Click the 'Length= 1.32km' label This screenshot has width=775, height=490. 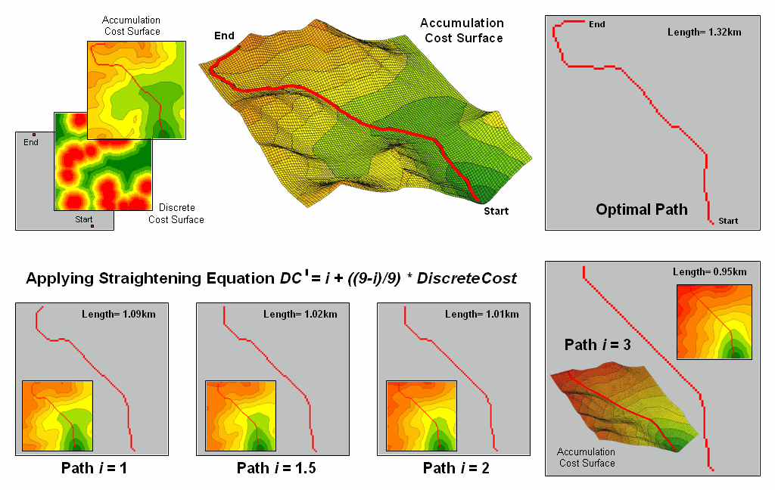point(696,32)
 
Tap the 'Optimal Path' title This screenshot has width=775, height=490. point(642,209)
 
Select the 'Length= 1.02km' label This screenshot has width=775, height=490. point(300,314)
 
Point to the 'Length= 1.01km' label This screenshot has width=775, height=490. point(481,314)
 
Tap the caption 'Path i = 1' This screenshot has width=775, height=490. point(94,468)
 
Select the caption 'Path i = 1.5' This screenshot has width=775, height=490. point(276,468)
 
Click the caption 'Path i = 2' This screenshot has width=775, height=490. point(456,468)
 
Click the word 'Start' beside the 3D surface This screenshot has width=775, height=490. point(496,211)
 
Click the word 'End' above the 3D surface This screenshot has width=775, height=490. point(224,36)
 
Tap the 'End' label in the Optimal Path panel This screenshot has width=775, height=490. point(597,24)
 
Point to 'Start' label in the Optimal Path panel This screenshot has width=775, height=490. point(728,221)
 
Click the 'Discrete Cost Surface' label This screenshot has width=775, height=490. point(176,213)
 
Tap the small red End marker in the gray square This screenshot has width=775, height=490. point(34,135)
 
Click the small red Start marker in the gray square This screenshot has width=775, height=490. point(92,225)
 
